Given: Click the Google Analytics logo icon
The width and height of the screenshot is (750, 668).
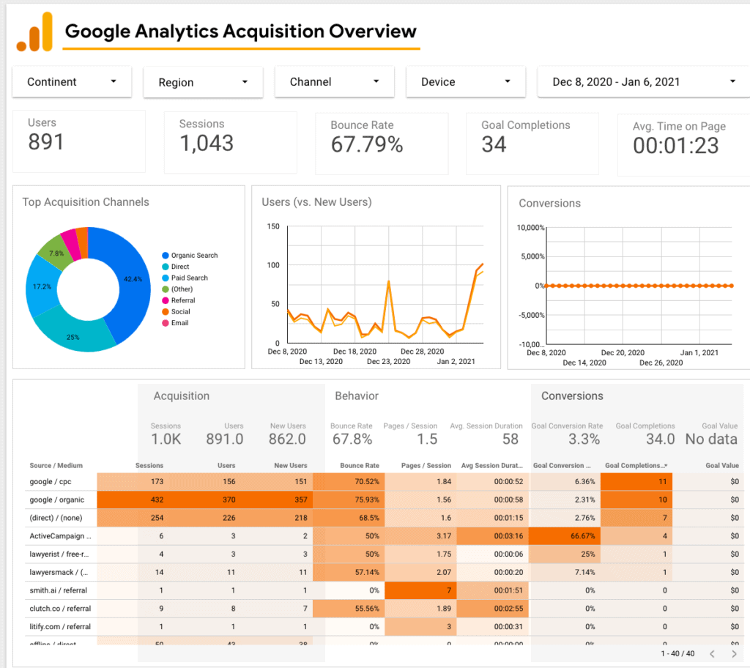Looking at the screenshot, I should (x=34, y=33).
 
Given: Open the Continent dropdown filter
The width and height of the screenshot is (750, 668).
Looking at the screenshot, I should (x=72, y=82).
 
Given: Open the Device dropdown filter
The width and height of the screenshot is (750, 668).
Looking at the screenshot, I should (x=466, y=82).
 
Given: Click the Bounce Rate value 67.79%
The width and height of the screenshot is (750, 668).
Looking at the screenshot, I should (x=367, y=145).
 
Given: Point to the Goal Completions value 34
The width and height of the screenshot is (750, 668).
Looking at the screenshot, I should (x=494, y=145).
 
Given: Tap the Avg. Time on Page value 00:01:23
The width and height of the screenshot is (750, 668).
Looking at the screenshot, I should (x=675, y=146).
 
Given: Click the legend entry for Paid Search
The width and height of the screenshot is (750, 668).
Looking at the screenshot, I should (x=189, y=278).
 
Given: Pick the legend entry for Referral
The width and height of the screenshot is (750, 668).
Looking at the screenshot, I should (x=183, y=300).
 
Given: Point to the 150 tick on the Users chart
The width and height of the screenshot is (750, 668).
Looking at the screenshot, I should (x=272, y=227).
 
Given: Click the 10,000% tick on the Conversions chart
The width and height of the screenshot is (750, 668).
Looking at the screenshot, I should (x=530, y=228).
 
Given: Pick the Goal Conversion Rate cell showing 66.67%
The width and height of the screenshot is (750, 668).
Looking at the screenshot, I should (x=565, y=535).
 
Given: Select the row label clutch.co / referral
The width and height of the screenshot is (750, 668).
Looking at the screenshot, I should (x=60, y=607).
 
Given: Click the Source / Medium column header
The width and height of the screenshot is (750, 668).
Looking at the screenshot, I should (x=56, y=465).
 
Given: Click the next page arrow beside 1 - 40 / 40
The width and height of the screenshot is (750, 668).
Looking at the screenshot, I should (x=734, y=653).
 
